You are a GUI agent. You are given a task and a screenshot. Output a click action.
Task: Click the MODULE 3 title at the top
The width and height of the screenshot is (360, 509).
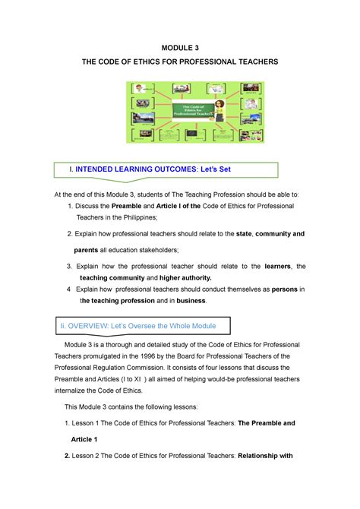181,47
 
